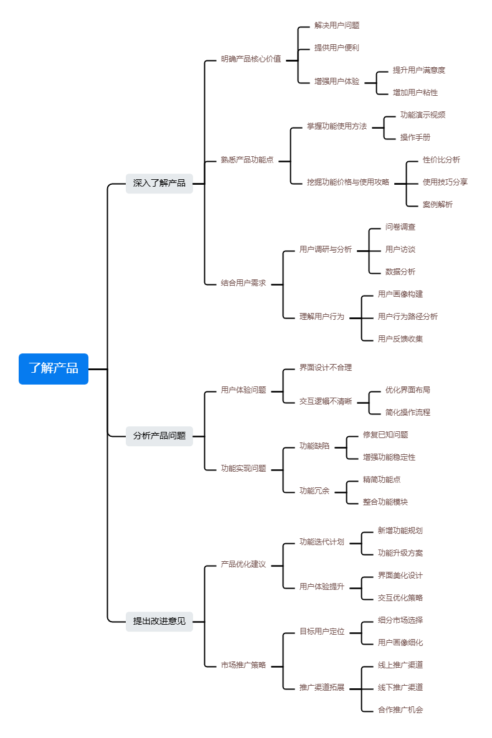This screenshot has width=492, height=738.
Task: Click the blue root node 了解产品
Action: (x=54, y=368)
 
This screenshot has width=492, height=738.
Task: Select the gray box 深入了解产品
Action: (x=159, y=183)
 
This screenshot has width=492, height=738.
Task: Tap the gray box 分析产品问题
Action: (x=159, y=436)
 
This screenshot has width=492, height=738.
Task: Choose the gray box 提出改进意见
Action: (x=159, y=621)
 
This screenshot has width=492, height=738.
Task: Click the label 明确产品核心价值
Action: (x=251, y=59)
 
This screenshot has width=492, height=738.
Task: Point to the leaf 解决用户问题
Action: (x=337, y=26)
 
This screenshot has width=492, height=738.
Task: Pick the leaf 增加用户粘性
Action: (x=415, y=93)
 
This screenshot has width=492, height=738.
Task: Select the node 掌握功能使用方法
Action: (x=337, y=126)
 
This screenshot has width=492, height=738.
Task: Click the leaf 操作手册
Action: (x=415, y=138)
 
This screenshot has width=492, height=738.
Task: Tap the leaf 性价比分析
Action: (x=442, y=160)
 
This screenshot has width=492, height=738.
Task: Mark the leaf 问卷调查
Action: (x=400, y=227)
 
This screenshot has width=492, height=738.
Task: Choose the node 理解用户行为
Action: (x=322, y=317)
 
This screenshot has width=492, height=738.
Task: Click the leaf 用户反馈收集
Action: (x=400, y=339)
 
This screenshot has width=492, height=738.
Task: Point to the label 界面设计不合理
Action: (x=326, y=368)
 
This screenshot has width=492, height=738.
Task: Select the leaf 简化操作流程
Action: (x=408, y=413)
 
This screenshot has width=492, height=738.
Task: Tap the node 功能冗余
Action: (x=315, y=491)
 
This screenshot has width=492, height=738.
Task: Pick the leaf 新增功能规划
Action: (x=400, y=531)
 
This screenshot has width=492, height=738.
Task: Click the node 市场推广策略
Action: (x=244, y=665)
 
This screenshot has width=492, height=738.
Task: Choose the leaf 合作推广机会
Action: (x=400, y=710)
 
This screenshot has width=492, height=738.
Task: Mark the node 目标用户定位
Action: (x=322, y=632)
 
